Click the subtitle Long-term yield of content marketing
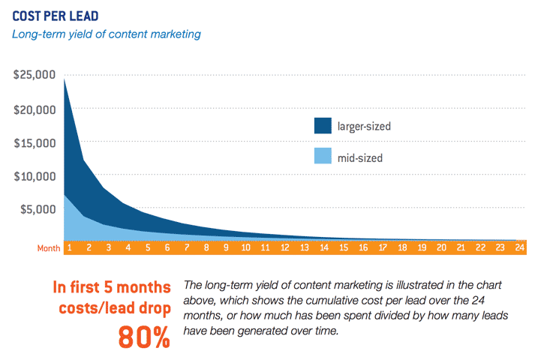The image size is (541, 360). tap(106, 34)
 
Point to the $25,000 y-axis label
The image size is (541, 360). tap(35, 75)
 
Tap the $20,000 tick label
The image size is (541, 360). tap(35, 109)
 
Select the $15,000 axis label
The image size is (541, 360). tap(35, 142)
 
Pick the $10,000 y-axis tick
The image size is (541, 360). tap(35, 176)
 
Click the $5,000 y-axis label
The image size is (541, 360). tap(38, 209)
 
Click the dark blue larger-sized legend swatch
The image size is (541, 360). tap(323, 125)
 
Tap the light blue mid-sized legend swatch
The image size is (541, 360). tap(323, 157)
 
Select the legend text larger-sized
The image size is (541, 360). tap(365, 126)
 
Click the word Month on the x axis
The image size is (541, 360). tap(49, 247)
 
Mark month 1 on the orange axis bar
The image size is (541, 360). tap(68, 247)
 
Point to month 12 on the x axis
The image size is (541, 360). tap(284, 247)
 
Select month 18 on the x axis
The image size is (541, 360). tap(402, 247)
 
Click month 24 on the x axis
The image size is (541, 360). tap(520, 247)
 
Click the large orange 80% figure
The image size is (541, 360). tap(144, 337)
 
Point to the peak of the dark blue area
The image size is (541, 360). tap(65, 79)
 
